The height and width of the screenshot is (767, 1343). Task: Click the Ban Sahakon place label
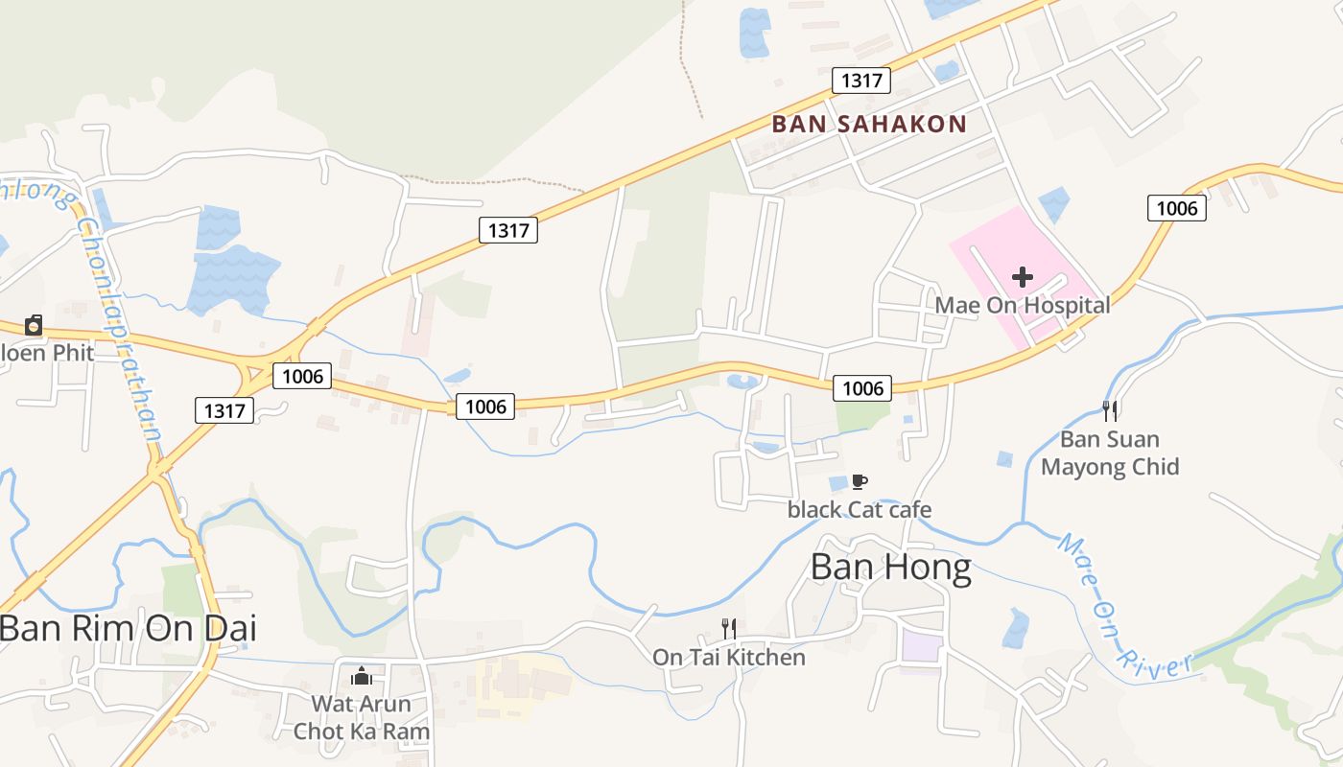point(869,124)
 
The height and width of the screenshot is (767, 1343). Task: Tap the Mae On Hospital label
point(1023,305)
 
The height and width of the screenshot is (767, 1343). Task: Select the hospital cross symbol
point(1023,277)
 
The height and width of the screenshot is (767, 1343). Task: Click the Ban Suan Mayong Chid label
point(1110,453)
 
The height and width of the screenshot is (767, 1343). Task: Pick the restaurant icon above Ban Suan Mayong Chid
point(1110,411)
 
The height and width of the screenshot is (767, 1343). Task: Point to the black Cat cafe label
point(859,509)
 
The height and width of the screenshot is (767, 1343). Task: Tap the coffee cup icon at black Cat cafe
point(859,481)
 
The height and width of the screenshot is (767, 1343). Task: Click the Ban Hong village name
point(890,568)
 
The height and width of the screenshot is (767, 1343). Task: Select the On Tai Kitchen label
point(729,657)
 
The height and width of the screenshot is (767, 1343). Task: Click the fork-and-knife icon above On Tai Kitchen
point(729,629)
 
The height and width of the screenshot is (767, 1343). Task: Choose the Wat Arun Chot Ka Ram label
point(362,717)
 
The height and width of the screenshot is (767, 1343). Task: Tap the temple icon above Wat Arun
point(362,676)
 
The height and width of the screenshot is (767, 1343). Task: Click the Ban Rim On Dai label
point(128,629)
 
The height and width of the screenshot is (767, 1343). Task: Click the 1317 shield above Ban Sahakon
point(861,81)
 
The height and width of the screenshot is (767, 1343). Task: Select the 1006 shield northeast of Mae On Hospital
point(1177,207)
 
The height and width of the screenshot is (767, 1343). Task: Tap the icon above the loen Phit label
point(34,325)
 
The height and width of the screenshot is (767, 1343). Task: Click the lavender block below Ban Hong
point(921,645)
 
